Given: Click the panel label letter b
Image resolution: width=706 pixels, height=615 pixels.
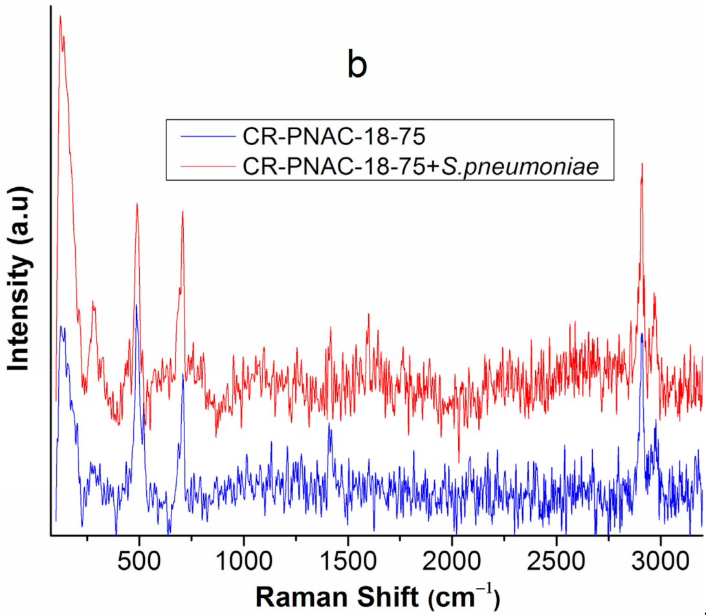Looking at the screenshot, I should pos(357,66).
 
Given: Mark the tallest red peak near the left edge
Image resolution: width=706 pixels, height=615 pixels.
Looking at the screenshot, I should pos(60,17).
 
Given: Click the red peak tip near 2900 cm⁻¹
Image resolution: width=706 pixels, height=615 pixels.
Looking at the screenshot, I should pos(641,164).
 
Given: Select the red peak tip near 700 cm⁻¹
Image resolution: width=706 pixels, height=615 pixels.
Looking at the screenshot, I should pos(182,212).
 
